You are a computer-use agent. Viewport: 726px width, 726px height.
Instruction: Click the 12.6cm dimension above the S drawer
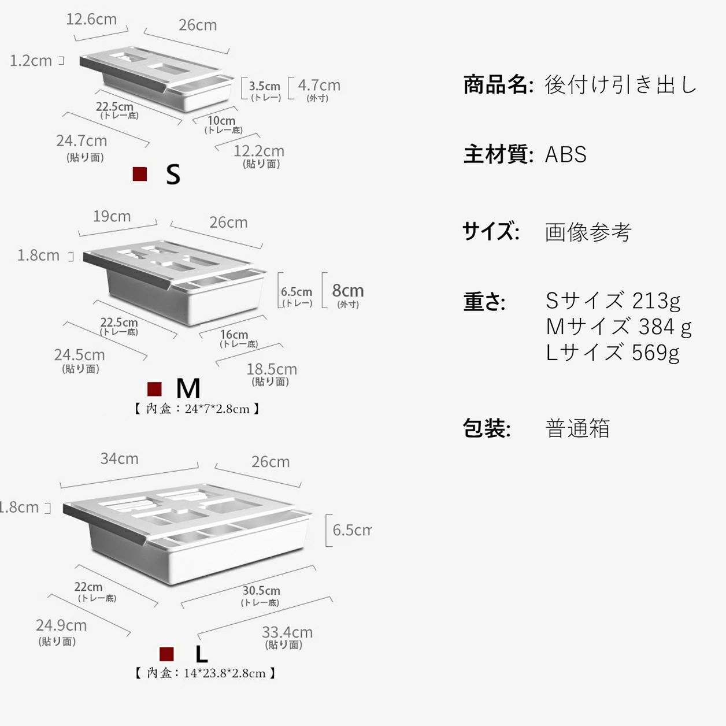tap(91, 19)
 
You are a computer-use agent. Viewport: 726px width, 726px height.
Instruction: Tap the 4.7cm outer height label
tap(319, 86)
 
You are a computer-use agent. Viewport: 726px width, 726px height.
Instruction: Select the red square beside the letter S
tap(140, 174)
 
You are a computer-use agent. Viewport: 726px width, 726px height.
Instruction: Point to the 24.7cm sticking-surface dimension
tap(82, 140)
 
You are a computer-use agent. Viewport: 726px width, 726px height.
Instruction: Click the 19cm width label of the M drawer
tap(112, 216)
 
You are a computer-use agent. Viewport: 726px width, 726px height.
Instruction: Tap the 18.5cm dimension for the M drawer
tap(272, 369)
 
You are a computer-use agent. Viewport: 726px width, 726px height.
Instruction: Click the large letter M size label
tap(188, 388)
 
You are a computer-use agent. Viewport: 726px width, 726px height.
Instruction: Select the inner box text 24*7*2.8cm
tap(197, 409)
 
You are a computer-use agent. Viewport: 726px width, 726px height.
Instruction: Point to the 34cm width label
tap(120, 458)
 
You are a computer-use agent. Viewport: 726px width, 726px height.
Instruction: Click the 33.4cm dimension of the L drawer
tap(287, 632)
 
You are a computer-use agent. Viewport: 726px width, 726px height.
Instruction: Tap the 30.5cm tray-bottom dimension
tap(261, 591)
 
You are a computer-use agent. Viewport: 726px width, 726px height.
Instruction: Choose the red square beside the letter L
tap(166, 654)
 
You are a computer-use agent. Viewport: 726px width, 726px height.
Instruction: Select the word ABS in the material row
tap(566, 154)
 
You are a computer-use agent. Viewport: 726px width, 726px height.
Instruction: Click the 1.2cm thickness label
tap(31, 60)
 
